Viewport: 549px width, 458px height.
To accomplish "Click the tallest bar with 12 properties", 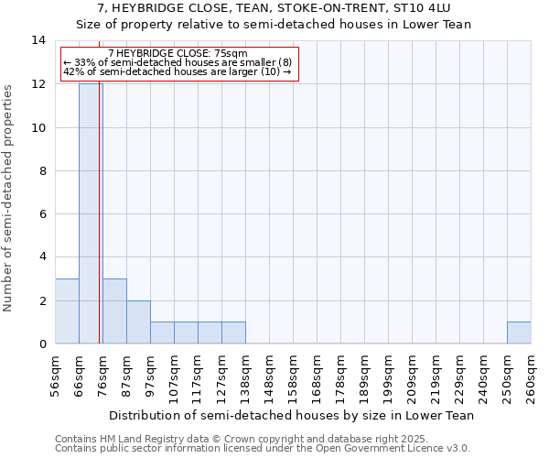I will [x=91, y=213].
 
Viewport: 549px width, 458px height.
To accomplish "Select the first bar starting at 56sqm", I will [x=67, y=311].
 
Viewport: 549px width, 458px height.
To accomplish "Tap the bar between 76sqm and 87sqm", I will [x=114, y=311].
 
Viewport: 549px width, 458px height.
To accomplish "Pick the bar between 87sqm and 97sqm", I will [x=138, y=322].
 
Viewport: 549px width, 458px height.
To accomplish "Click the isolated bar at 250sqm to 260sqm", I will [x=519, y=333].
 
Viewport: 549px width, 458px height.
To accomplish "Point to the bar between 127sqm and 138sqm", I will [x=233, y=333].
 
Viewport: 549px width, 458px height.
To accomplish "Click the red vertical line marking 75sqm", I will [x=99, y=229].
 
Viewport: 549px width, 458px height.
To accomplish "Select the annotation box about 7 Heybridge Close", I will [x=179, y=63].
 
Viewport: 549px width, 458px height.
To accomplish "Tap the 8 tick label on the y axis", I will [x=41, y=170].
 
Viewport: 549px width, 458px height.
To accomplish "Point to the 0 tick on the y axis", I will [x=41, y=343].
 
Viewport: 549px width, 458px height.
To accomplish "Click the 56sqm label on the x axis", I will [x=56, y=376].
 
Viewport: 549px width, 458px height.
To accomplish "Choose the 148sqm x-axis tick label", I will [x=270, y=376].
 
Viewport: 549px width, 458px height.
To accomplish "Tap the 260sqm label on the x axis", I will [x=532, y=376].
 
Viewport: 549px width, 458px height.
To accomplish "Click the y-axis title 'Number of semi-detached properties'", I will [x=9, y=198].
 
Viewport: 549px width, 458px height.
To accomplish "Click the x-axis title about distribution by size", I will [x=293, y=415].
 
